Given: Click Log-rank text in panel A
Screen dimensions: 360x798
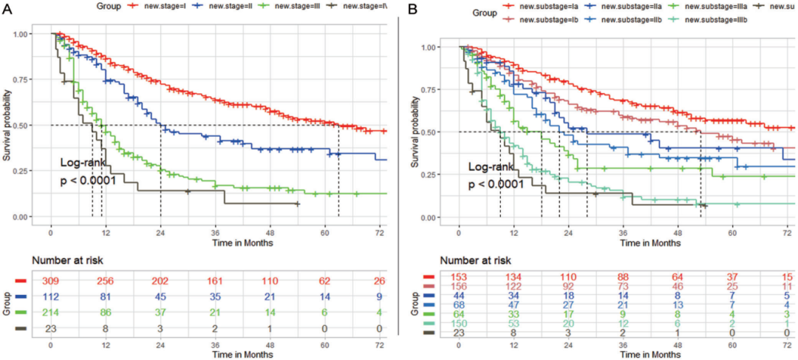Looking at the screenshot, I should point(83,163).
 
